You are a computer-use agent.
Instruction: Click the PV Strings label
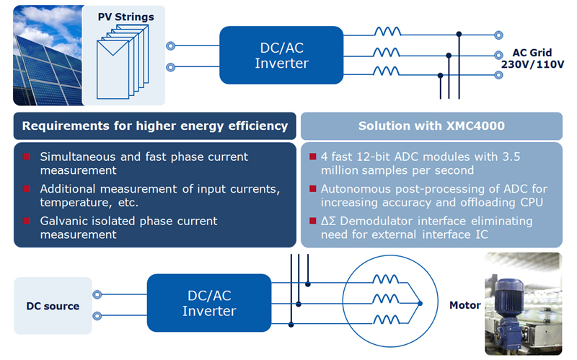point(125,17)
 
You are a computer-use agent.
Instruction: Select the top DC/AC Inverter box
point(281,56)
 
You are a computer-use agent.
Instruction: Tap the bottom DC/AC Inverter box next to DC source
point(209,303)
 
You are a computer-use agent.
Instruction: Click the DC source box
point(53,306)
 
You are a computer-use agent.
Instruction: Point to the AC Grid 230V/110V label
point(532,58)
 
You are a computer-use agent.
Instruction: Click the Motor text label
point(464,305)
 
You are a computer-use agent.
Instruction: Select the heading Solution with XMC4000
point(431,126)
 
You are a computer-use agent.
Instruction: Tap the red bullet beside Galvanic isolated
point(26,221)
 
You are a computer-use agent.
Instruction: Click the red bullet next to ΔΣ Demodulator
point(313,221)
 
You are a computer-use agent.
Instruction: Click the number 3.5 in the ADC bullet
point(511,157)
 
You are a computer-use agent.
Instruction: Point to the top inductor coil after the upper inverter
point(387,32)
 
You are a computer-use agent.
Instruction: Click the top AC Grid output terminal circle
point(498,35)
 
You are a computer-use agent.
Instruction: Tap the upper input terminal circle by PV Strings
point(170,46)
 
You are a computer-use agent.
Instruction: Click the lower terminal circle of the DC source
point(97,316)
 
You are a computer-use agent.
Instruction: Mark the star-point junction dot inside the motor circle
point(420,304)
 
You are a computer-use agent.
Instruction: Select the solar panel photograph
point(48,56)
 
